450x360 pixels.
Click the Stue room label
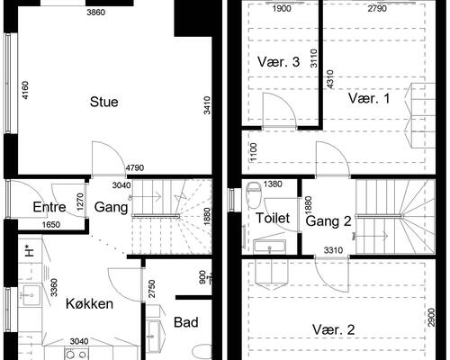[103, 102]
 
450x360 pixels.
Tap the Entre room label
[49, 207]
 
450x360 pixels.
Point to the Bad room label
[186, 322]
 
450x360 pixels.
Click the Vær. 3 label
[278, 62]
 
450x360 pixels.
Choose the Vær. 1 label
[369, 98]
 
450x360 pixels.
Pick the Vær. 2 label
[334, 329]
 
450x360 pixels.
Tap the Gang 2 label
[328, 221]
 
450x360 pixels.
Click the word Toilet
[273, 218]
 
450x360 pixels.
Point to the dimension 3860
[95, 13]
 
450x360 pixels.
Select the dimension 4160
[25, 90]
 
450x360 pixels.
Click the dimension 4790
[135, 167]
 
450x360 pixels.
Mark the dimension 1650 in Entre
[51, 225]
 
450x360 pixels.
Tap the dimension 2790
[377, 9]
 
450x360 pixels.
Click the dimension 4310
[330, 79]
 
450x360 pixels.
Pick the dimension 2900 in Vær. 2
[431, 318]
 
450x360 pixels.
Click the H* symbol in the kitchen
[29, 250]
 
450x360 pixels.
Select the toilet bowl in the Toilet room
[254, 194]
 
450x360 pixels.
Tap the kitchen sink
[30, 295]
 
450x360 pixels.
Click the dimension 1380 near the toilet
[273, 184]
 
